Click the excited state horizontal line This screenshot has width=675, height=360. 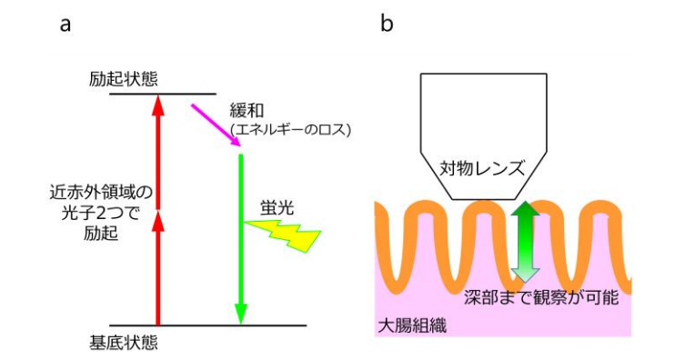[163, 94]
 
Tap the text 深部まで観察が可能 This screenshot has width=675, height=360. [525, 296]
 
